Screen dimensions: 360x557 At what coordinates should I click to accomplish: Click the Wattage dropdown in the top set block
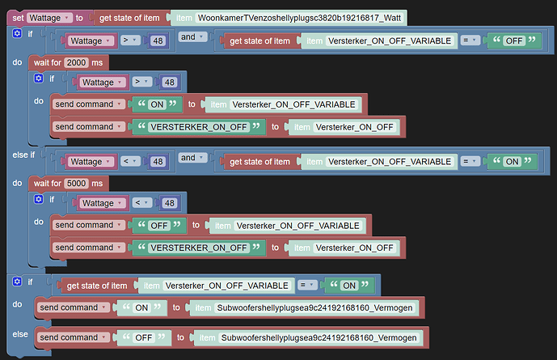(x=48, y=17)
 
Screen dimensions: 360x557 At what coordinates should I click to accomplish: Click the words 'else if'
(x=22, y=154)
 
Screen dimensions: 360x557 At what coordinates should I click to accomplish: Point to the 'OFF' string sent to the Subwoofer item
(x=142, y=337)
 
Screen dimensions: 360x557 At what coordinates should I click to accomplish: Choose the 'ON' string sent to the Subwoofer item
(x=141, y=307)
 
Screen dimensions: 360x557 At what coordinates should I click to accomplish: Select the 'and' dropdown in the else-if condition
(x=191, y=158)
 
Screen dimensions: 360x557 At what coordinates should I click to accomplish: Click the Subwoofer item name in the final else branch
(x=318, y=337)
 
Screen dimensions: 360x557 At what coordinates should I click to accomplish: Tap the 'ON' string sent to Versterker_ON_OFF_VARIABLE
(x=156, y=104)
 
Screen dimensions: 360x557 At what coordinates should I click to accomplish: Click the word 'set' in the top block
(x=16, y=17)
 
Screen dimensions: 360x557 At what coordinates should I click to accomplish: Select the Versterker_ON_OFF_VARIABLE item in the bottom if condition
(x=226, y=285)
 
